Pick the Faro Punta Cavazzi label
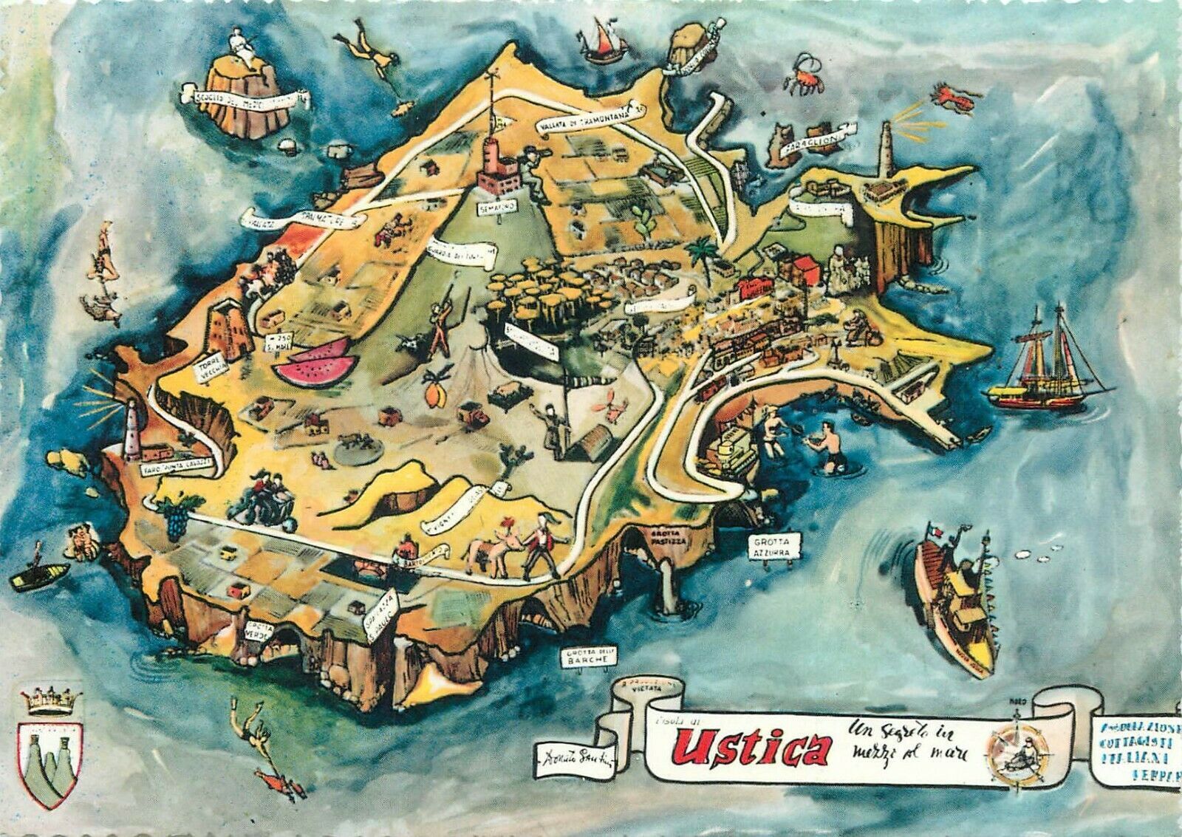click(x=177, y=464)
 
